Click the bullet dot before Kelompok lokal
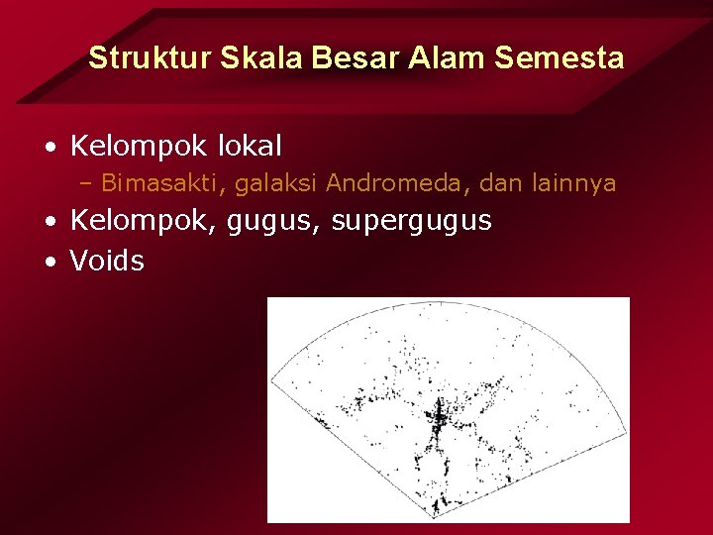pyautogui.click(x=49, y=149)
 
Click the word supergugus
pyautogui.click(x=413, y=222)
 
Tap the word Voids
pyautogui.click(x=107, y=262)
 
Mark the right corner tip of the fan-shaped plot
pyautogui.click(x=626, y=431)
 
